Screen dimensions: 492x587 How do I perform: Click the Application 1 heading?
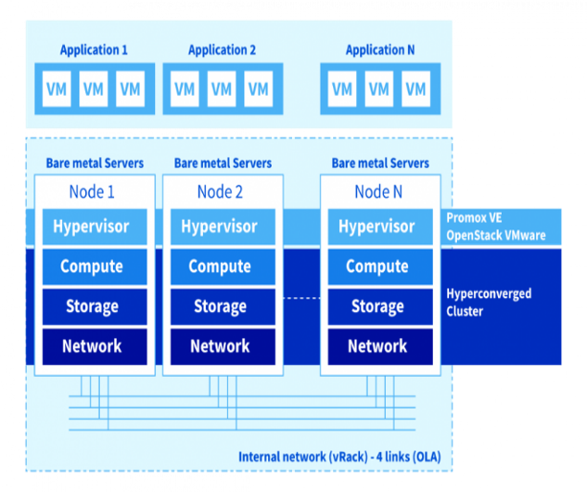pos(94,50)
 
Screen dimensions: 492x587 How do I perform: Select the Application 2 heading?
pos(222,50)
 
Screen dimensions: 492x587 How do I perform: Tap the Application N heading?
pos(379,50)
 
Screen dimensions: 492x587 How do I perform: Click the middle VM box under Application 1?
pos(94,89)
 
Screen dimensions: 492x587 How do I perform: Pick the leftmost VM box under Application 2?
pos(185,89)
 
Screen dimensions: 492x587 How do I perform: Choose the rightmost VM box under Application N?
pos(415,89)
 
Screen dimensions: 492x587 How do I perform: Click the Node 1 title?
pos(92,192)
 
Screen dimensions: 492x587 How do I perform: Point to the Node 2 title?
pos(220,192)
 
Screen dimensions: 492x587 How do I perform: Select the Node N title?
pos(377,192)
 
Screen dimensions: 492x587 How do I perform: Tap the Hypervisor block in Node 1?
pos(92,227)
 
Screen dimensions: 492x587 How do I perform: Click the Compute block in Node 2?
pos(220,266)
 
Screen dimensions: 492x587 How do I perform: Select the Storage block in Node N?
pos(377,306)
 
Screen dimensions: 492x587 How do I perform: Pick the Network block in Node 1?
pos(92,346)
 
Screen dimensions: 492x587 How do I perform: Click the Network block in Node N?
pos(377,346)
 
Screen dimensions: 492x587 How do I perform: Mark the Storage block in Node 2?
pos(220,306)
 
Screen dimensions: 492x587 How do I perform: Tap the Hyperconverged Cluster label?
pos(489,303)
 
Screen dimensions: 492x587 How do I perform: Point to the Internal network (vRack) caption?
pos(339,457)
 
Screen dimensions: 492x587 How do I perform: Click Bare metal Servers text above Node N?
pos(380,163)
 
